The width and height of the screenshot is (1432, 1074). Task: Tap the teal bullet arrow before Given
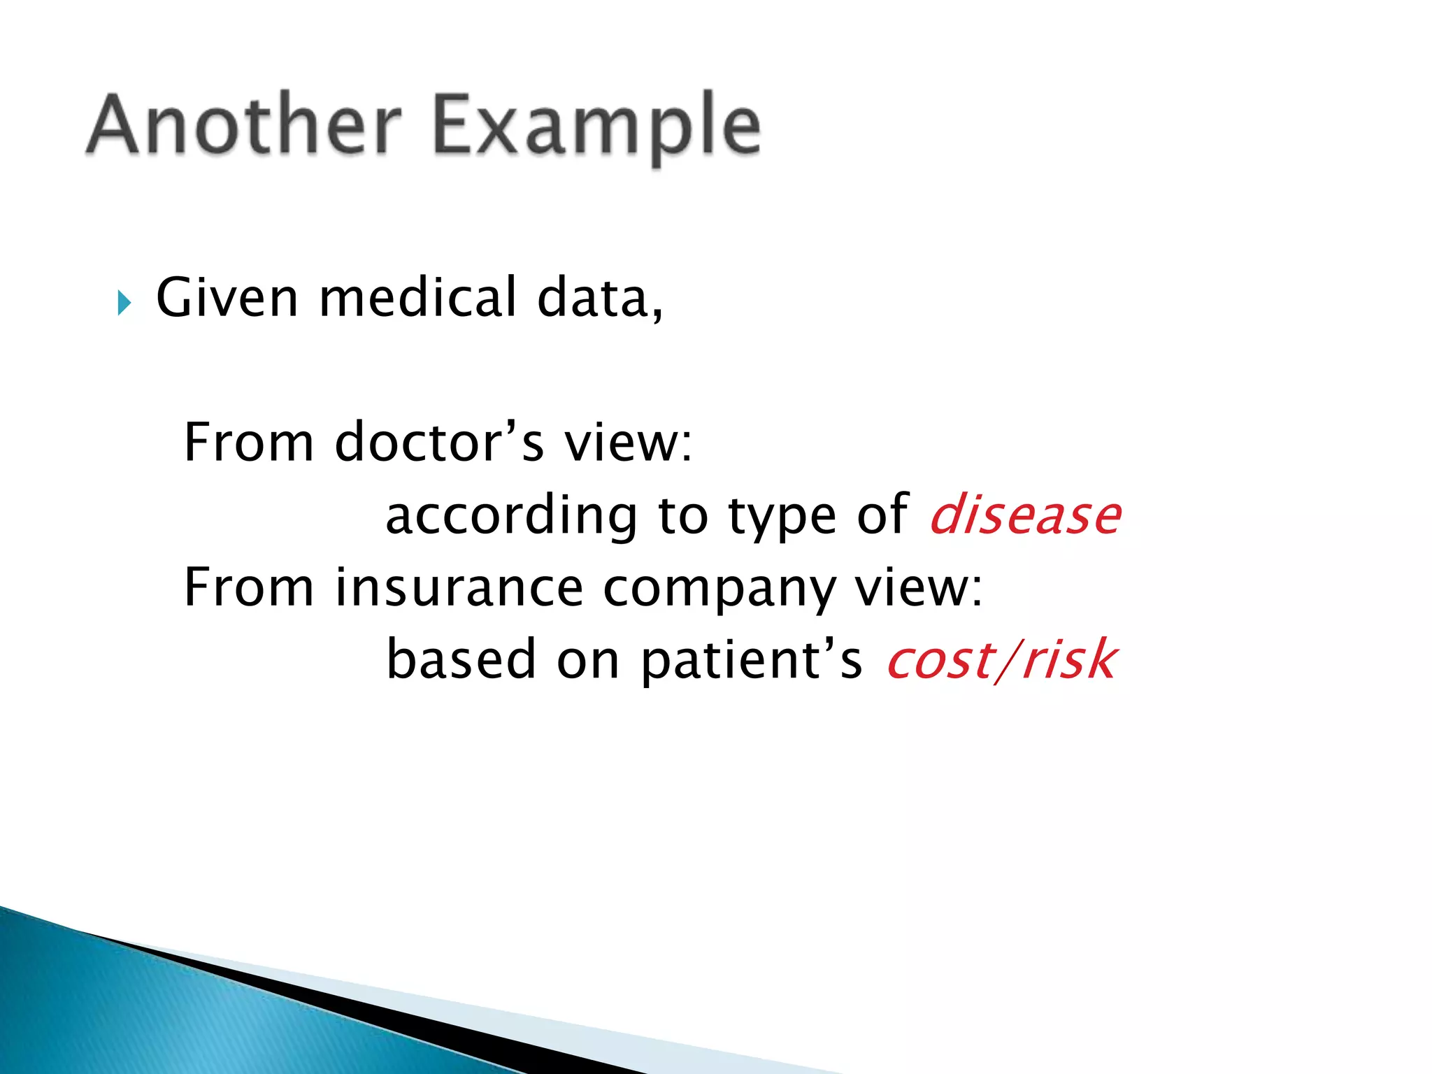(x=124, y=303)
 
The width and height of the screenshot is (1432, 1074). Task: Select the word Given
(x=227, y=298)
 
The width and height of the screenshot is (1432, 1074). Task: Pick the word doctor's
(x=438, y=443)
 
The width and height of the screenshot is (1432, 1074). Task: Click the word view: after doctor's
(x=628, y=443)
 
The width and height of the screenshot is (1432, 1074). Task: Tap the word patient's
(x=751, y=661)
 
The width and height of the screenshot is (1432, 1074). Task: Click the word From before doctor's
(x=248, y=443)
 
